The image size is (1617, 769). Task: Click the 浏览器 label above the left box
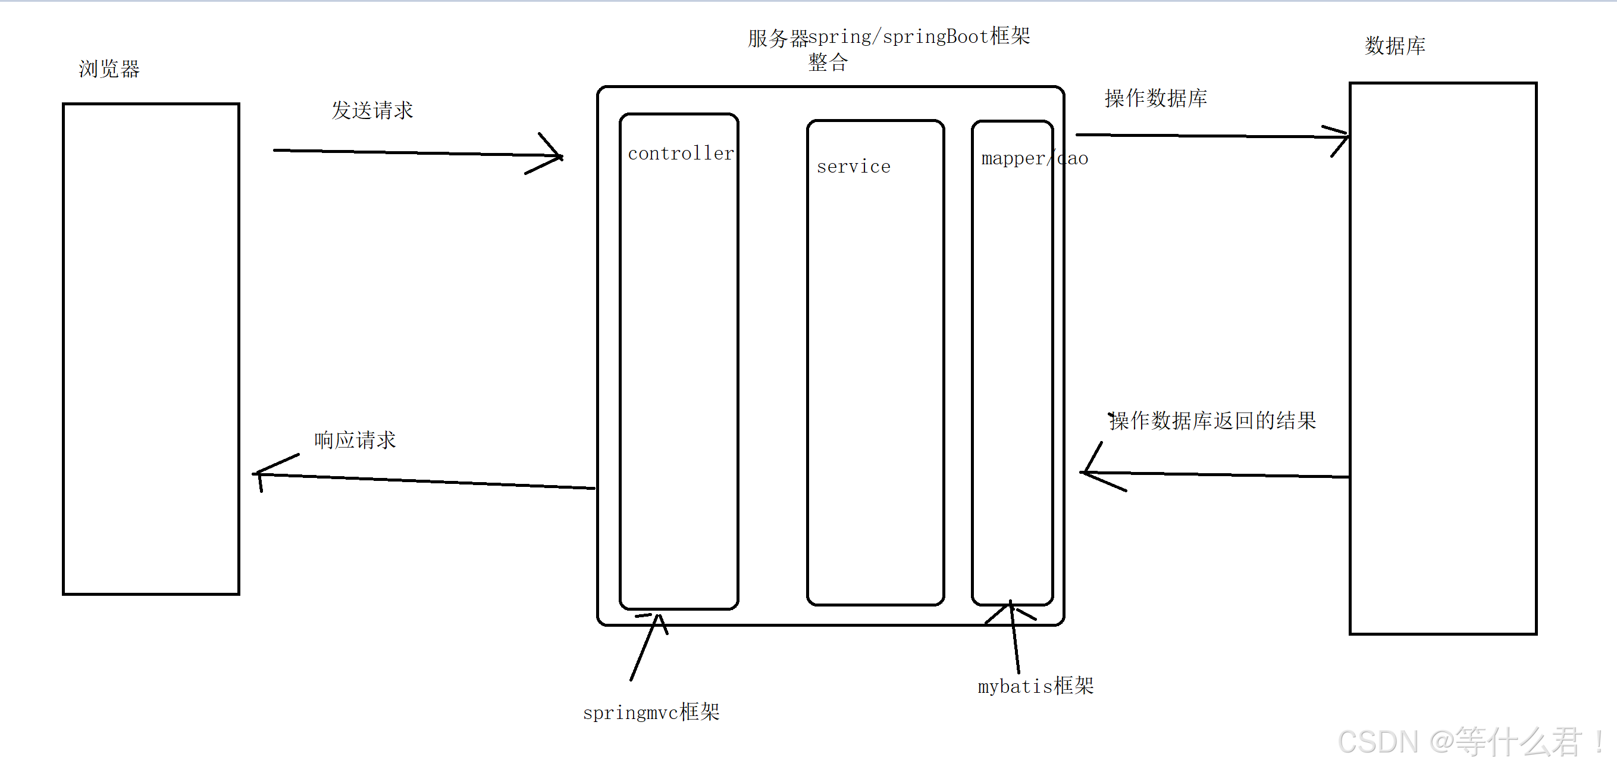tap(109, 68)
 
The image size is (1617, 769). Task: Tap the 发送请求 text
tap(372, 111)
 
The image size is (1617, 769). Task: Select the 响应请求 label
tap(355, 440)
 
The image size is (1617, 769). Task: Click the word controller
tap(681, 154)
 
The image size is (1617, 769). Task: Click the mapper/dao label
tap(1034, 159)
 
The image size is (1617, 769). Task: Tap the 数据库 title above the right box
tap(1394, 46)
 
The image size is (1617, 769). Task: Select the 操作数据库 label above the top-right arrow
tap(1155, 99)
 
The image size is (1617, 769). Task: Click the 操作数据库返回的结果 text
tap(1212, 421)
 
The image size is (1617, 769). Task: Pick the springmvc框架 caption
tap(651, 712)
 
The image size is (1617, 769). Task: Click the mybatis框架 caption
tap(1035, 686)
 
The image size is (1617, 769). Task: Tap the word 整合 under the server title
tap(828, 62)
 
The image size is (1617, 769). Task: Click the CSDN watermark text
tap(1469, 742)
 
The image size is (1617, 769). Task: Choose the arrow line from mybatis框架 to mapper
tap(1014, 637)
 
